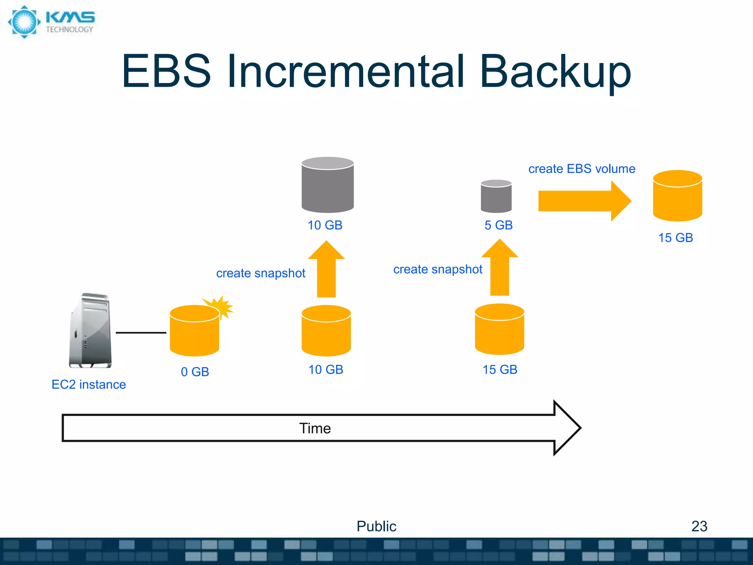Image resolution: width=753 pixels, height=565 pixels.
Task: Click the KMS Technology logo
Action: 51,22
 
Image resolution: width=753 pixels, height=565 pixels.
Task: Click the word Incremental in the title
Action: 346,72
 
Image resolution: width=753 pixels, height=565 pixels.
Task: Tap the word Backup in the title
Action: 555,72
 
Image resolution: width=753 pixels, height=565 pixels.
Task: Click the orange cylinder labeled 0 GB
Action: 195,333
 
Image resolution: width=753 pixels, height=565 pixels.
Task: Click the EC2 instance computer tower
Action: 90,331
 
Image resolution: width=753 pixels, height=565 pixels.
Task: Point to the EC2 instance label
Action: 89,384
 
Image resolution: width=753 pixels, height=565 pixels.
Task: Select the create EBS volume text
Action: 582,169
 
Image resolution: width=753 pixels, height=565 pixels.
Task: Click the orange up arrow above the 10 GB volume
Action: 326,270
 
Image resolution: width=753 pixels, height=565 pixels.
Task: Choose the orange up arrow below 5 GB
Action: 500,269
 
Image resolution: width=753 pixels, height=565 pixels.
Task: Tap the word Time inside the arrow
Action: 315,429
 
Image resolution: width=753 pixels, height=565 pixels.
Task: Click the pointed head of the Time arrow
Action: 566,428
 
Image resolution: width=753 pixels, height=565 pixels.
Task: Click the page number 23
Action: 699,526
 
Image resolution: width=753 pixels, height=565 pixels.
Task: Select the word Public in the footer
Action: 376,526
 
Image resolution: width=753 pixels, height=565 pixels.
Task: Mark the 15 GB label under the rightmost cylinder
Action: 675,238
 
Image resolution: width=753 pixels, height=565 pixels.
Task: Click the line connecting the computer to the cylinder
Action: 141,333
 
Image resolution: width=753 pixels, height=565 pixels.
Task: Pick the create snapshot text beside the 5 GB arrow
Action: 438,269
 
